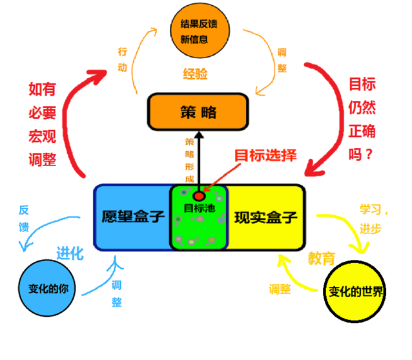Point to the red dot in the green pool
click(199, 195)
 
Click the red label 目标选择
click(265, 156)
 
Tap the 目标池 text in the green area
click(198, 208)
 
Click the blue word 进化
click(70, 253)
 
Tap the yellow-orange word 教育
click(321, 259)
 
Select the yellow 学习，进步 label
click(375, 220)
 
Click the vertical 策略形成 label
click(190, 159)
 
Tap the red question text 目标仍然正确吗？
click(362, 120)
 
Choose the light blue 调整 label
click(117, 293)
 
